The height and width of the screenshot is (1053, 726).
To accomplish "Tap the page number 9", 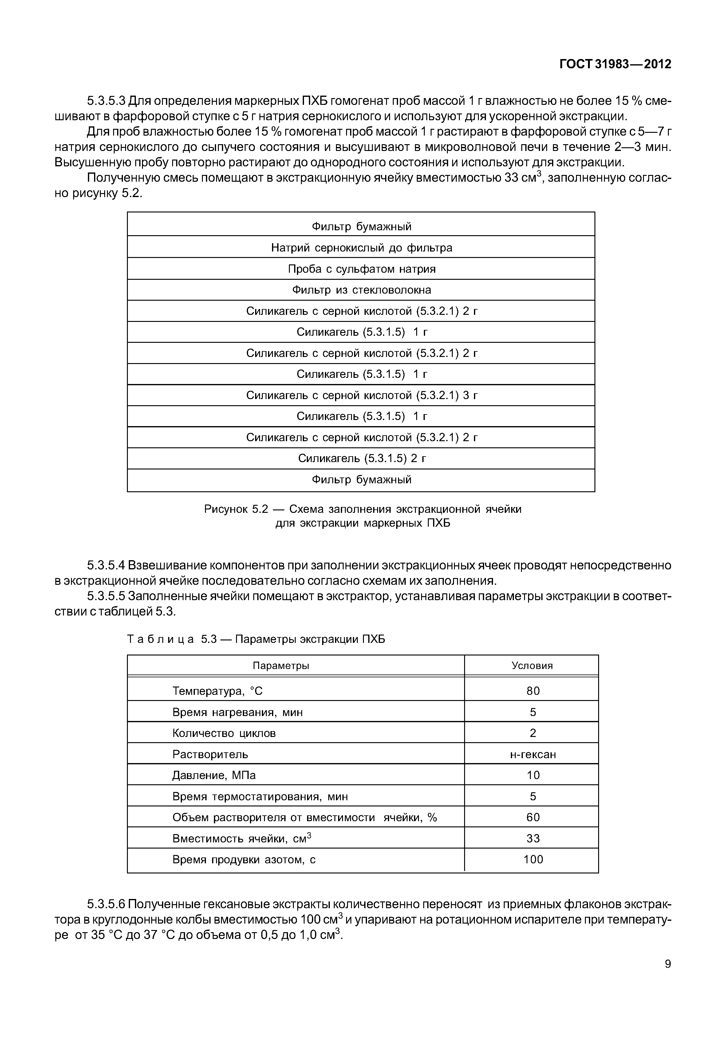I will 667,964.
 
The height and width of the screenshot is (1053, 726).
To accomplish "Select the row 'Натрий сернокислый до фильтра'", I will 362,247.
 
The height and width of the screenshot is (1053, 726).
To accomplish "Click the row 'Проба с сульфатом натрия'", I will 362,269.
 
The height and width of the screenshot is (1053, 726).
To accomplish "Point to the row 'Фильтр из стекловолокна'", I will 362,290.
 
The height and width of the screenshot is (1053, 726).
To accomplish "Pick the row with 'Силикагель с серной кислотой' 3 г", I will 362,395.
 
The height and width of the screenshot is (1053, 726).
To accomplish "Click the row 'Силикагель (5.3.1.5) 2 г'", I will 362,458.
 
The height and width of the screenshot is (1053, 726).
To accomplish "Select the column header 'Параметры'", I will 281,666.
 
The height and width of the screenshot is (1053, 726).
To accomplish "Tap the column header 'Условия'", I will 532,666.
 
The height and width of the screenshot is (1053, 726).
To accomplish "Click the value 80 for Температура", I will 533,691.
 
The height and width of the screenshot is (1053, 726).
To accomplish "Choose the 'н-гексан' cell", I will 533,754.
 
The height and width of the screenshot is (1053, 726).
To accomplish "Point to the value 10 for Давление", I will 533,775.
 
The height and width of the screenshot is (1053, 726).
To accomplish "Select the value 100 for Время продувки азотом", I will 533,860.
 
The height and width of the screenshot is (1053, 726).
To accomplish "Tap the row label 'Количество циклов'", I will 224,733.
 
